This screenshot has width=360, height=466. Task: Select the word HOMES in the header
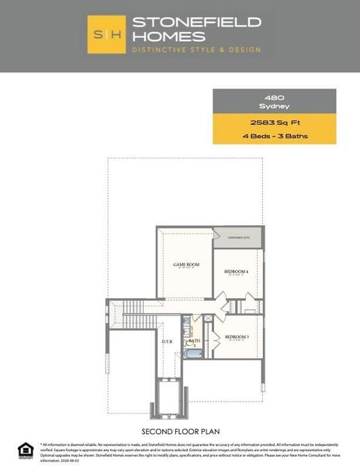point(168,36)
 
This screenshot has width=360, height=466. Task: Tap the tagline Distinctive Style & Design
point(196,50)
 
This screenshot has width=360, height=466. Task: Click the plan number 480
point(275,96)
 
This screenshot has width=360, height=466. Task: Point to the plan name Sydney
point(275,105)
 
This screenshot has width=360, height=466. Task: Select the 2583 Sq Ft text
point(275,123)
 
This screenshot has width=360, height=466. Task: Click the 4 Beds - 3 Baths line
point(275,136)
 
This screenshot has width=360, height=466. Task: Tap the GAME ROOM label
point(186,265)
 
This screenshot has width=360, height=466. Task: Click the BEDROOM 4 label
point(236,271)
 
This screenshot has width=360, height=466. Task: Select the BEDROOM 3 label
point(237,336)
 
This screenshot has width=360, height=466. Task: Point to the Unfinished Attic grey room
point(237,235)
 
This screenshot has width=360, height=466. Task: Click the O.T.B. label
point(168,341)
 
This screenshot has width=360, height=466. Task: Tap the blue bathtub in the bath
point(193,354)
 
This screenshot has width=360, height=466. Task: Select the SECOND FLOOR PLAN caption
point(179,430)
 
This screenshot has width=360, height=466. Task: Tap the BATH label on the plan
point(195,340)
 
